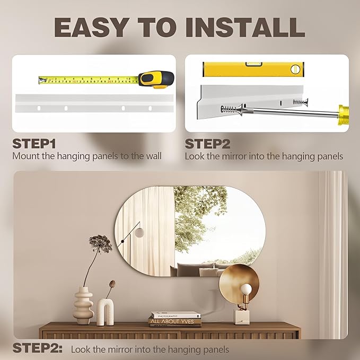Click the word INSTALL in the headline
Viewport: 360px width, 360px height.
click(x=245, y=27)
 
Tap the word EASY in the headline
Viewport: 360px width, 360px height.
click(x=91, y=27)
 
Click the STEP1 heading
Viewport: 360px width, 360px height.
click(x=34, y=144)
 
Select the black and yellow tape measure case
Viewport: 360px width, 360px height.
click(x=156, y=80)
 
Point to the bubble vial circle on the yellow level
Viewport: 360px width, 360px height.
click(x=295, y=69)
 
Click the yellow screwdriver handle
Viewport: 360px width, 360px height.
click(x=344, y=115)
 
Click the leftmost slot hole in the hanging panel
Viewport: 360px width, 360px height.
click(x=39, y=108)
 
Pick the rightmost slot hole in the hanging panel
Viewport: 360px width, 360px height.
click(x=150, y=108)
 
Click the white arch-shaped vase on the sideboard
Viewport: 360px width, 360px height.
click(x=105, y=312)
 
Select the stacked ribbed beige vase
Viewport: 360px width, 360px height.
click(x=83, y=305)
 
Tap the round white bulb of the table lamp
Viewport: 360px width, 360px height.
click(x=246, y=289)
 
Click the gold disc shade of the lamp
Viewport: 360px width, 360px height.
click(x=239, y=283)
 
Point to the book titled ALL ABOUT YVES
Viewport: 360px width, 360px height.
click(x=175, y=321)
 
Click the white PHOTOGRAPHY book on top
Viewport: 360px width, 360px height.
click(x=175, y=315)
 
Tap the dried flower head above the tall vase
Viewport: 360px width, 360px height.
click(x=100, y=243)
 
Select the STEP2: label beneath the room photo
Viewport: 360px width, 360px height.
click(x=38, y=348)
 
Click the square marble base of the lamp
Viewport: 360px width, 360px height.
click(x=242, y=317)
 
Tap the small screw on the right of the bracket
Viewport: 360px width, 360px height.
click(x=301, y=101)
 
